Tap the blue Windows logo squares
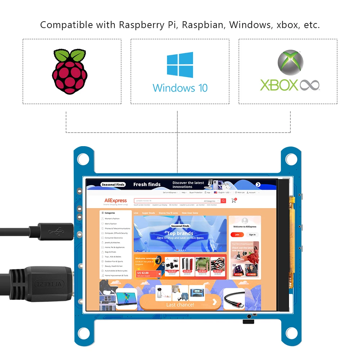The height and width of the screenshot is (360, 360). coord(180,65)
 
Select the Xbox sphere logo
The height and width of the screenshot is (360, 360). coord(290,62)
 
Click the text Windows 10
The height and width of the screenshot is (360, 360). coord(180,88)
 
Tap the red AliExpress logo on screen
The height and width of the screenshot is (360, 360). coord(116,201)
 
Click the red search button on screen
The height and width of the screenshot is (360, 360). coord(224,201)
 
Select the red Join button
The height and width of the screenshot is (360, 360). coord(237,235)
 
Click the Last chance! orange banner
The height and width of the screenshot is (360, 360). coord(180,304)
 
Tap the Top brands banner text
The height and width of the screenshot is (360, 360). coord(180,233)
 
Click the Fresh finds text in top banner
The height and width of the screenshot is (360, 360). coord(147,184)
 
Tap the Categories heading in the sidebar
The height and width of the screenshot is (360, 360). coord(109,213)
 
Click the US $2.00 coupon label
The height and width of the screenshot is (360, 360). coord(143,273)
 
